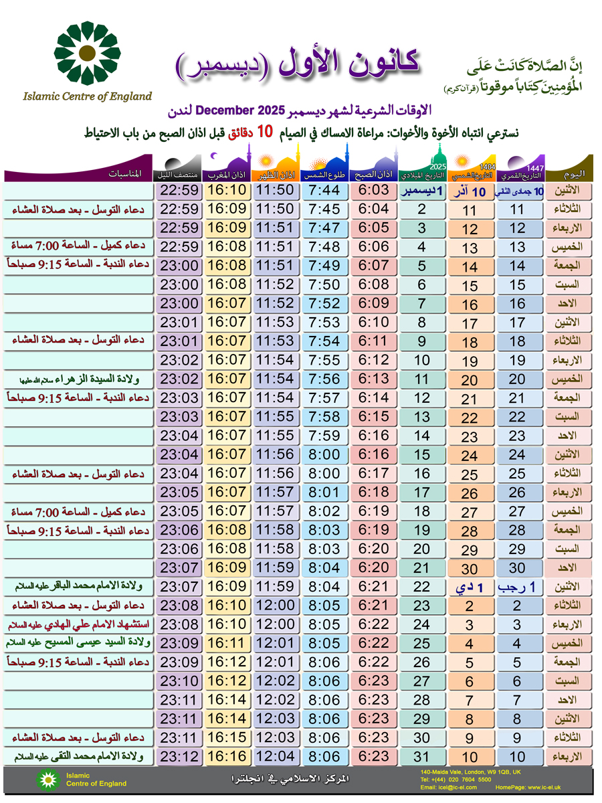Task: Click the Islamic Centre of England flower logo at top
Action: point(88,53)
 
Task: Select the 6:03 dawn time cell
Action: point(373,191)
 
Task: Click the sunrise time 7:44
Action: point(325,191)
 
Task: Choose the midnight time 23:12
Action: point(179,756)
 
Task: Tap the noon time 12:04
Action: point(275,756)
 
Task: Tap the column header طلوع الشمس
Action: point(325,175)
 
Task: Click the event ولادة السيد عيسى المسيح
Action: point(78,643)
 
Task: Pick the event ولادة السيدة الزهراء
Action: point(78,379)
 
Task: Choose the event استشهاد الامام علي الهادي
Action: point(78,624)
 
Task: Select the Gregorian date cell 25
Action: point(422,644)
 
